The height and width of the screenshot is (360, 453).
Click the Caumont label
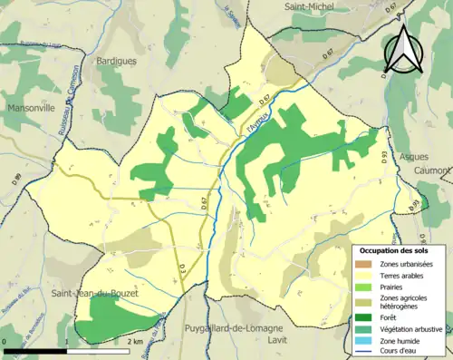coord(431,170)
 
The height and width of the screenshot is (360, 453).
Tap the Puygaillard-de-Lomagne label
coord(235,327)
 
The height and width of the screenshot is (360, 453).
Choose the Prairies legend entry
coord(396,288)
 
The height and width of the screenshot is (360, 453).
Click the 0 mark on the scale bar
coord(6,342)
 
